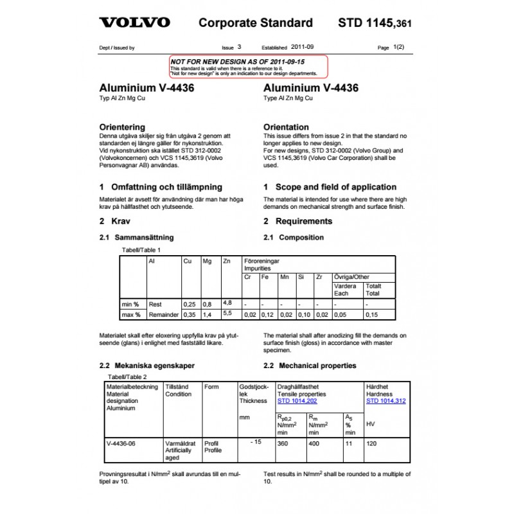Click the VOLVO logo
[134, 23]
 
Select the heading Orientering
[122, 127]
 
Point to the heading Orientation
[286, 127]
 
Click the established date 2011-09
[303, 48]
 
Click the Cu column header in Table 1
[188, 261]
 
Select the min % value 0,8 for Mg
[207, 304]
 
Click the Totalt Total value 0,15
[371, 315]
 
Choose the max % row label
[131, 315]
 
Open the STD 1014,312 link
[385, 401]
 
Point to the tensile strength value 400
[314, 443]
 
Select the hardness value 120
[371, 443]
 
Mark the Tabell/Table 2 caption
[127, 377]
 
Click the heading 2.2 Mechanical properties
[310, 366]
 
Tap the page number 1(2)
[398, 48]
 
